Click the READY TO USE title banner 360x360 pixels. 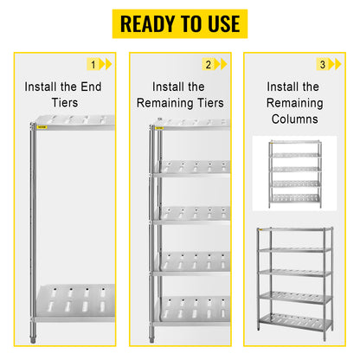tap(180, 23)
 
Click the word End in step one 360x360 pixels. tap(91, 87)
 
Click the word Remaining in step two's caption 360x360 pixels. tap(166, 103)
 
